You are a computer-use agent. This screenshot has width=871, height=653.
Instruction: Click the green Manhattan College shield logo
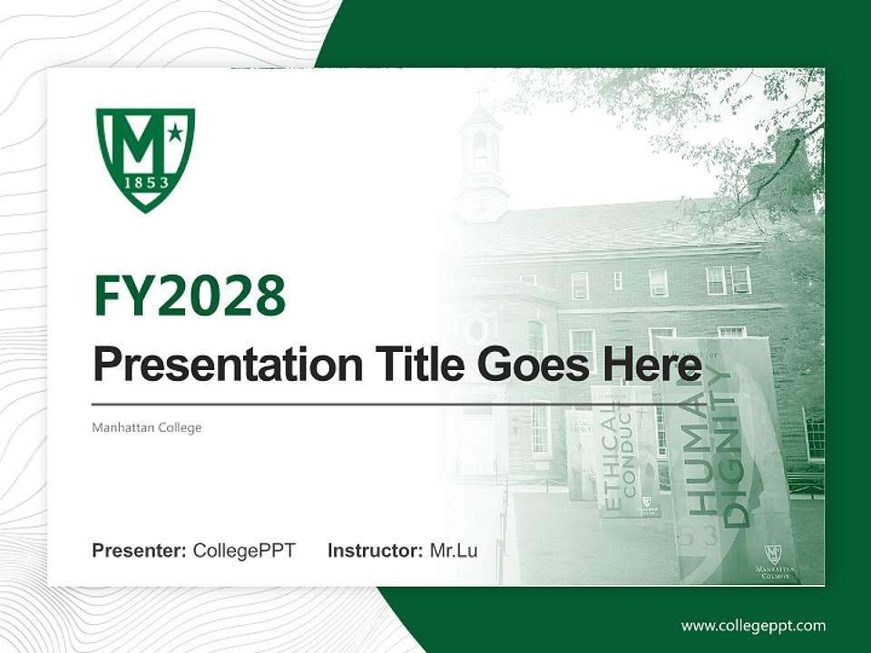tap(145, 159)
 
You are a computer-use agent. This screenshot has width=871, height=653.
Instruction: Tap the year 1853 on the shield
tap(145, 182)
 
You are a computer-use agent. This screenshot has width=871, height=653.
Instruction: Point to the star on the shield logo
tap(174, 133)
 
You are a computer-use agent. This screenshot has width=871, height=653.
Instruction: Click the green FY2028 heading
tap(190, 296)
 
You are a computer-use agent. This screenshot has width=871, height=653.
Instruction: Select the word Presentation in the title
tap(214, 365)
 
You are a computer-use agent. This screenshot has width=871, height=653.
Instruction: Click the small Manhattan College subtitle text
tap(146, 427)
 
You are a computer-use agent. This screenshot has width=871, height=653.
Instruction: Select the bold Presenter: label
tap(140, 551)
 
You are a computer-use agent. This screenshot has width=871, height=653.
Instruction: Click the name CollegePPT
tap(244, 551)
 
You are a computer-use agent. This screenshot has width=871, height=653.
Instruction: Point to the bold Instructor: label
tap(375, 551)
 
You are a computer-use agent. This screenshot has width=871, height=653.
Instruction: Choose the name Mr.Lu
tap(454, 551)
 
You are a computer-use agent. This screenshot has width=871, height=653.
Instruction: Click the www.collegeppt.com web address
tap(753, 625)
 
